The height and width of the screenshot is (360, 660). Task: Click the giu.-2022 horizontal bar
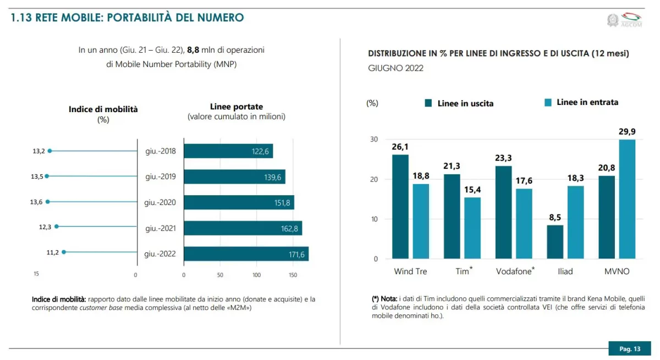click(x=246, y=254)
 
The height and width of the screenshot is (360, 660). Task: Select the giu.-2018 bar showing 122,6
click(x=228, y=151)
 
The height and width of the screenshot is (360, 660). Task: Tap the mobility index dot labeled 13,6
click(x=47, y=202)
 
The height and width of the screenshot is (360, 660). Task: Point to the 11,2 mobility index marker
click(x=64, y=252)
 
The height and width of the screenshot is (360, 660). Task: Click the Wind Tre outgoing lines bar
click(x=400, y=207)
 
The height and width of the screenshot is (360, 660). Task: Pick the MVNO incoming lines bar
click(x=627, y=199)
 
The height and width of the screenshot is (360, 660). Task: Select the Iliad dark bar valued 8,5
click(x=555, y=242)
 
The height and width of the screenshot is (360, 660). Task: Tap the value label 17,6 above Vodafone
click(x=524, y=181)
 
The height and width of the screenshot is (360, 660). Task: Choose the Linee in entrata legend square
click(x=547, y=102)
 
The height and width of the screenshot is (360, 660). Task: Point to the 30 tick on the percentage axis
click(x=374, y=140)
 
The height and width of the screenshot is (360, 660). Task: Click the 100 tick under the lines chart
click(x=256, y=275)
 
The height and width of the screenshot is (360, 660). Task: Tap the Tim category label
click(x=462, y=272)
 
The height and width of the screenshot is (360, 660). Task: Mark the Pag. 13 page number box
click(x=630, y=348)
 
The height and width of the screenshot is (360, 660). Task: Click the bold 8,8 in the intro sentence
click(x=193, y=50)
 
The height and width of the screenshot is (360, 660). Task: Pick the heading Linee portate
click(x=237, y=107)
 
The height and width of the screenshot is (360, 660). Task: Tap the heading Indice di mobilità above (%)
click(x=103, y=109)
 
